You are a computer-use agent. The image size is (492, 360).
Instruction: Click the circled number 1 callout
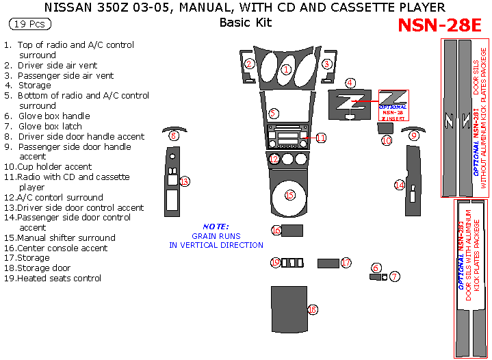[x=287, y=68]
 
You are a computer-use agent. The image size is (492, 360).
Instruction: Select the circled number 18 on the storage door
[x=313, y=310]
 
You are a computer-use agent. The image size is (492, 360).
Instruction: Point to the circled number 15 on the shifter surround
[x=289, y=195]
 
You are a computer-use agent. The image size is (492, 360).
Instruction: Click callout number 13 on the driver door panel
[x=184, y=181]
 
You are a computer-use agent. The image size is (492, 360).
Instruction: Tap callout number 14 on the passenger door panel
[x=400, y=184]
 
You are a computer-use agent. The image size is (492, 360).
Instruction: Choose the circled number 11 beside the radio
[x=320, y=138]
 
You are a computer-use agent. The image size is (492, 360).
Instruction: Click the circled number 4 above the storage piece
[x=350, y=83]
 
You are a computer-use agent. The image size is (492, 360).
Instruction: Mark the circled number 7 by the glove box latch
[x=395, y=276]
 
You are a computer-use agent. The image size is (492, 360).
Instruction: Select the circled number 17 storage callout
[x=346, y=262]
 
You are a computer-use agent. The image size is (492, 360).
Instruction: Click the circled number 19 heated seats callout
[x=275, y=262]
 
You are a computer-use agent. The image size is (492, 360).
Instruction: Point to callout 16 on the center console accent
[x=275, y=230]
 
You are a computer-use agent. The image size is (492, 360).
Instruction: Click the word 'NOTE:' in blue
[x=216, y=227]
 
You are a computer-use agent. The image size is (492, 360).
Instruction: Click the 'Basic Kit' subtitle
[x=245, y=23]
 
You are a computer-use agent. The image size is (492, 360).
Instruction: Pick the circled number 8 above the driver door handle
[x=174, y=136]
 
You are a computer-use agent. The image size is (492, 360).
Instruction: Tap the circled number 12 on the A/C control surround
[x=274, y=159]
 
